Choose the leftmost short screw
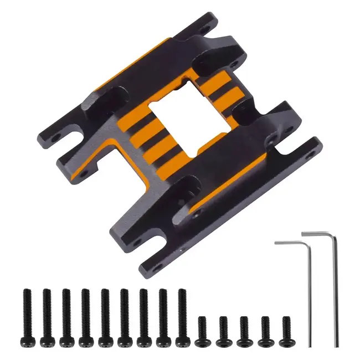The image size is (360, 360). [203, 328]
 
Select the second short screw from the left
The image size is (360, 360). [224, 328]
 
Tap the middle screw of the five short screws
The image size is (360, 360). [244, 328]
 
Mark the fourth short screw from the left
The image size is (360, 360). [265, 328]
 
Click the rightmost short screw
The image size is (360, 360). [286, 328]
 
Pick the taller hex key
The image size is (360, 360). [334, 288]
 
